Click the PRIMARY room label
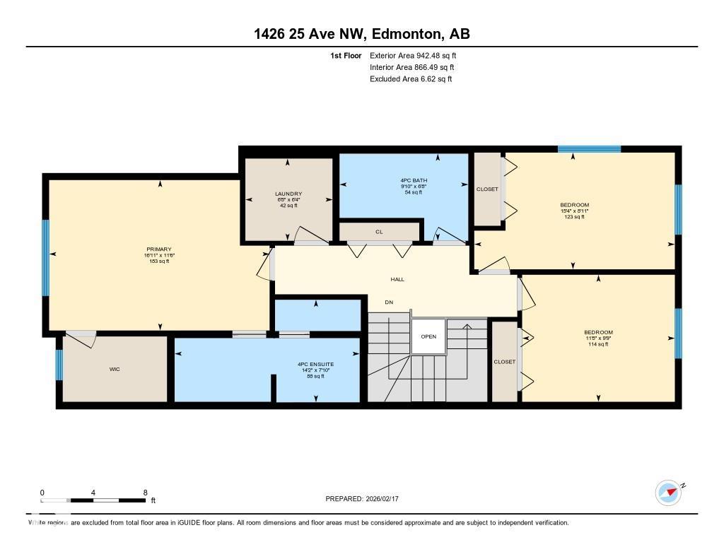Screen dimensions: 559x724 (159, 249)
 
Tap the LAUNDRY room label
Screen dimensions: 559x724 (288, 194)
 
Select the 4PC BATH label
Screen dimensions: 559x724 (414, 180)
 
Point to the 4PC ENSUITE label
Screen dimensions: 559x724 (310, 364)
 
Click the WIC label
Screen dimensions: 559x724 (115, 369)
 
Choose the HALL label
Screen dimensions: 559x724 (398, 279)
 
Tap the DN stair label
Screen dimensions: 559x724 (389, 302)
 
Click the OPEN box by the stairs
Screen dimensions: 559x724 (428, 336)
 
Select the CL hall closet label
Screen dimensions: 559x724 (379, 231)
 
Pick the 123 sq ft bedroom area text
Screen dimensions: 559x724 (574, 217)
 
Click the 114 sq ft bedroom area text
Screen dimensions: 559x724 (598, 344)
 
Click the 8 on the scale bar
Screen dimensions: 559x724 (145, 493)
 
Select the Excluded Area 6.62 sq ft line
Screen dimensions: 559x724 (410, 79)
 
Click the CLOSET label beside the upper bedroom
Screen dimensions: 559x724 (487, 189)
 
